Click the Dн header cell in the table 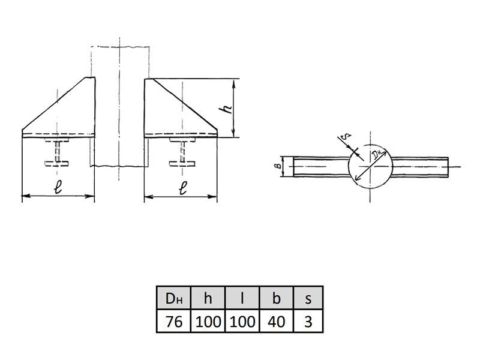(x=173, y=298)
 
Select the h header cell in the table (x=208, y=298)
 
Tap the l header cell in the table (x=242, y=298)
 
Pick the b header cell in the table (x=276, y=298)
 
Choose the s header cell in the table (x=308, y=298)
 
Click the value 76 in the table (x=173, y=322)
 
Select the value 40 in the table (x=276, y=322)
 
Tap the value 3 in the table (x=308, y=322)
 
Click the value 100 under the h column (x=208, y=322)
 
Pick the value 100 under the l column (x=242, y=322)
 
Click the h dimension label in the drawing (x=227, y=109)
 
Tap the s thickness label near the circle (x=346, y=136)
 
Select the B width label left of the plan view (x=278, y=166)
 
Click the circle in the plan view (x=349, y=166)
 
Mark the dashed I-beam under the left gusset (x=57, y=152)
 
